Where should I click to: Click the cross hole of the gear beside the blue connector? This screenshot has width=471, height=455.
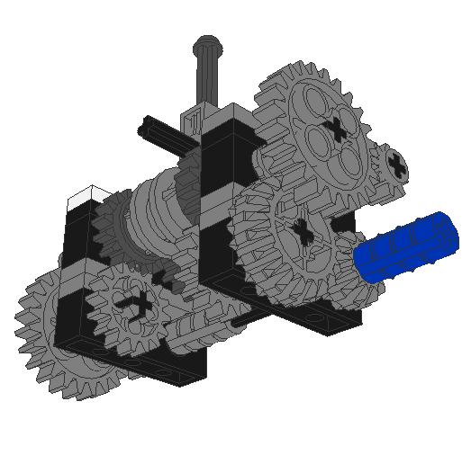pos(303,233)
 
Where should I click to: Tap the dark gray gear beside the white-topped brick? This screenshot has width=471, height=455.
pos(113,229)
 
